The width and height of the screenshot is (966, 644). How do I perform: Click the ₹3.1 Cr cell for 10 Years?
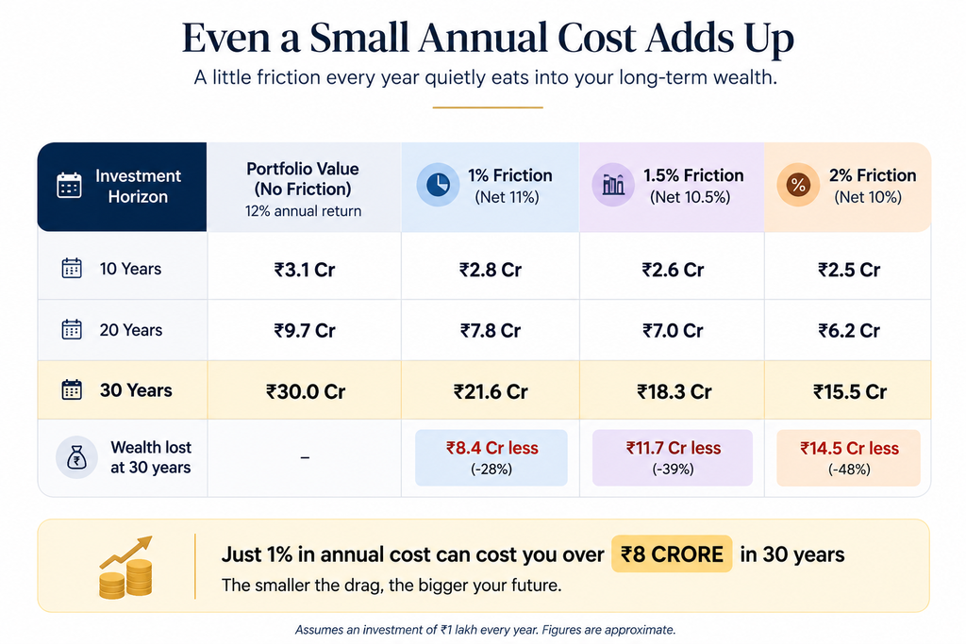coord(305,270)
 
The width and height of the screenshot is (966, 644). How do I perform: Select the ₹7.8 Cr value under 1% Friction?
coord(491,331)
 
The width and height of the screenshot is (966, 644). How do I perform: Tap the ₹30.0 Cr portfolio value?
coord(306,391)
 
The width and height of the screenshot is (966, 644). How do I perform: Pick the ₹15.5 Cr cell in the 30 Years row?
coord(850,391)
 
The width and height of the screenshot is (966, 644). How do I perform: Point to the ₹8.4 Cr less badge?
coord(491,457)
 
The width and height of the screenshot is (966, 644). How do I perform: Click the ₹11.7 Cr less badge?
coord(672,457)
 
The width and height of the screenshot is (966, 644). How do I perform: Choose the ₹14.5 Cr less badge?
coord(848,457)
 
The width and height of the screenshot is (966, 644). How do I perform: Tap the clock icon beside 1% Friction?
coord(438,185)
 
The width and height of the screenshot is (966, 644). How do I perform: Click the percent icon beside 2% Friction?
coord(798,185)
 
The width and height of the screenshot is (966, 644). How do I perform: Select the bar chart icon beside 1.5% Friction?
coord(613,185)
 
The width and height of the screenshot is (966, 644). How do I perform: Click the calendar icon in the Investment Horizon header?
coord(69,186)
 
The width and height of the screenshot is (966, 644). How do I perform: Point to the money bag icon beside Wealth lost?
coord(76,457)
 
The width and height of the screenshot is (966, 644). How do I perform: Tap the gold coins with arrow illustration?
coord(126,567)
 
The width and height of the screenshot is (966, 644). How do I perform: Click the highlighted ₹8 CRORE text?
coord(672,554)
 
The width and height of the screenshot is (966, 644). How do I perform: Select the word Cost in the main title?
coord(597,38)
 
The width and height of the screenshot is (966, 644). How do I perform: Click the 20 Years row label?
coord(130,330)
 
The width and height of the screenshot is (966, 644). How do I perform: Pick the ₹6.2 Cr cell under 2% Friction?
coord(849,331)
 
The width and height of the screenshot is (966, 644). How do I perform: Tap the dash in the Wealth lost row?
coord(305,457)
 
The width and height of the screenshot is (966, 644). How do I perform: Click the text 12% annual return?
coord(303,211)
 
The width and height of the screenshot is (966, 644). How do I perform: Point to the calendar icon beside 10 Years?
coord(72,269)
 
